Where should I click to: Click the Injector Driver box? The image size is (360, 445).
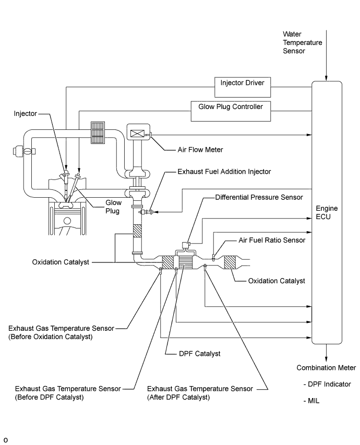tap(243, 82)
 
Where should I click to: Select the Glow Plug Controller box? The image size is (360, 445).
tap(230, 106)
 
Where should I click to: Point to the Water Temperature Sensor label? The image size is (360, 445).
tap(302, 43)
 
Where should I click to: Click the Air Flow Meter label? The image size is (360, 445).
tap(200, 150)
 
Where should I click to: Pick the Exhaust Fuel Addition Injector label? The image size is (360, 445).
tap(224, 171)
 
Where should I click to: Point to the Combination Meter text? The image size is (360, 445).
tap(326, 368)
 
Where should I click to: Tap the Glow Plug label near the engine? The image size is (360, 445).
tap(114, 207)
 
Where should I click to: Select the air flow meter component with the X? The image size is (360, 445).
tap(138, 133)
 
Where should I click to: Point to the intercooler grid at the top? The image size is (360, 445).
tap(98, 133)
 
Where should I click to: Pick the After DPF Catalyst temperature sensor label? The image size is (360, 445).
tap(200, 393)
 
